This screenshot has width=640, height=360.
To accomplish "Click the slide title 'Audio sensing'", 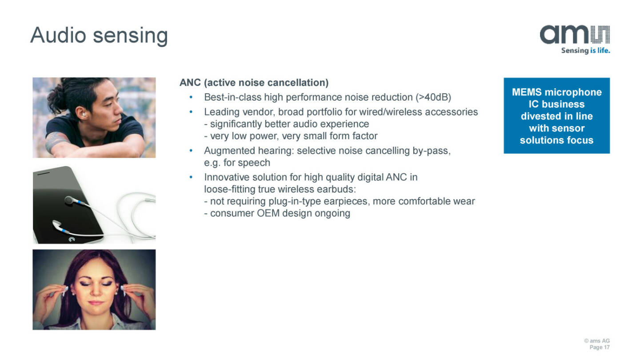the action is click(99, 36).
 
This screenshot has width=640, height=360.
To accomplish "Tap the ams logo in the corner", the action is click(575, 35).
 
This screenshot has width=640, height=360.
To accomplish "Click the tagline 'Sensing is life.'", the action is click(585, 51).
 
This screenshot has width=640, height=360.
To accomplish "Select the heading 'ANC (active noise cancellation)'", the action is click(254, 83).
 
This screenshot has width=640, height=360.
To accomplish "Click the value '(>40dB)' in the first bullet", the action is click(433, 97).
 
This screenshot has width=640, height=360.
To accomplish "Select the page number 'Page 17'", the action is click(600, 348).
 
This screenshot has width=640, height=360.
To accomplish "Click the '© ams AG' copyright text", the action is click(597, 341).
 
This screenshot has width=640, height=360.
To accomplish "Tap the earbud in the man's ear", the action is click(84, 115).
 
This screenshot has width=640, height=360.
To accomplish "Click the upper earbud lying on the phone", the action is click(73, 200).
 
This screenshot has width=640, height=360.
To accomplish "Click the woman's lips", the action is click(96, 303).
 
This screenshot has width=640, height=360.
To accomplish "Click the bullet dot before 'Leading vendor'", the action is click(191, 112).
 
